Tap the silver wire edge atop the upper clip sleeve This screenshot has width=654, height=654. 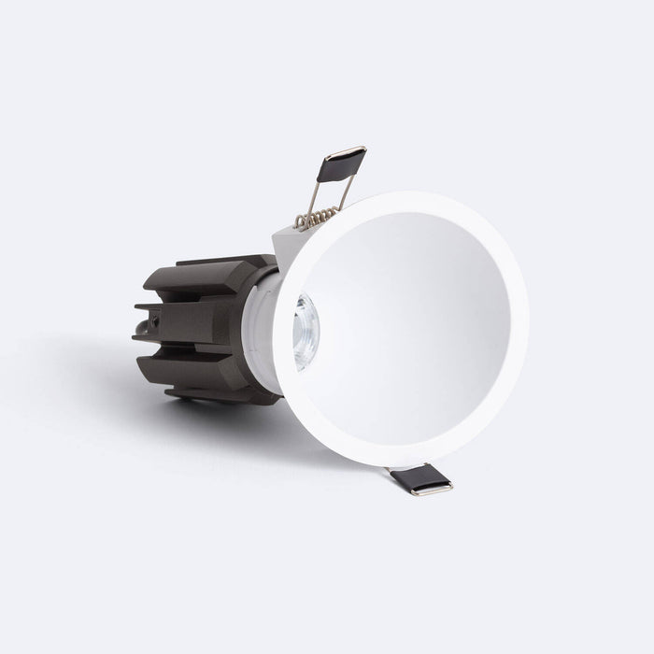348,149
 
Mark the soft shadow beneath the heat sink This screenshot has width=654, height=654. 187,411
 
